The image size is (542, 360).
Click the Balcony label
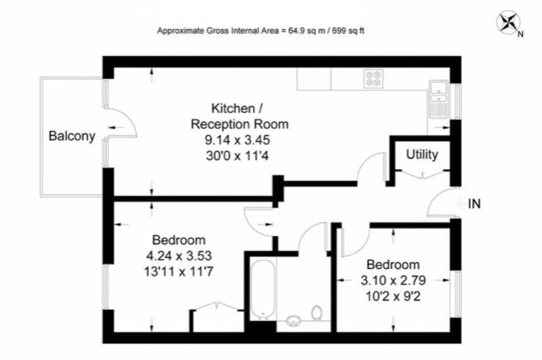pos(72,136)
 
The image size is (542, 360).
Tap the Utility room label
pos(421,154)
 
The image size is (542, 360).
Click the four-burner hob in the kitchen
pos(373,79)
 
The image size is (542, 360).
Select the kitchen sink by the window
pos(438,99)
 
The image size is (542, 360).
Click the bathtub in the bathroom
pos(263,289)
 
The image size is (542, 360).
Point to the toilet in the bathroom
pos(316,313)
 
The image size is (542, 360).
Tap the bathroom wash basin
pos(294,320)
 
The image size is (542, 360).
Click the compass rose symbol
pos(509,23)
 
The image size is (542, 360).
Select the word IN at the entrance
pos(474,204)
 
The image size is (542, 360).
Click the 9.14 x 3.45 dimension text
pos(237,140)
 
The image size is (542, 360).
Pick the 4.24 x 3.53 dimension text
pos(179,256)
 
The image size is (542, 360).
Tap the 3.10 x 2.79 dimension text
pos(393,280)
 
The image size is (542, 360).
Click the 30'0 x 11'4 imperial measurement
pos(237,156)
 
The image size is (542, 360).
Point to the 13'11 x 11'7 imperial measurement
pos(179,272)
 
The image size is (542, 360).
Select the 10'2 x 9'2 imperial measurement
pos(393,296)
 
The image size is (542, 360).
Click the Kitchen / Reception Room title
pos(240,116)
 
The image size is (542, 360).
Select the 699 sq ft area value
pos(348,31)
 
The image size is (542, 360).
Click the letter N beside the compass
pos(520,34)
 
